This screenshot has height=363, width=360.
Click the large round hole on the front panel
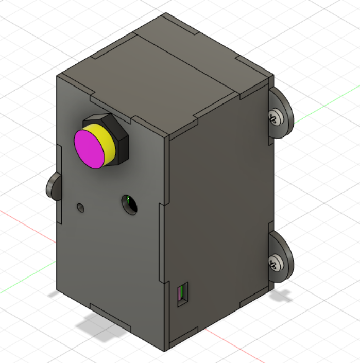click(129, 204)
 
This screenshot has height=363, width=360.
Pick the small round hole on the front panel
click(80, 208)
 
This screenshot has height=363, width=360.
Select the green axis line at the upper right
click(324, 108)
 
